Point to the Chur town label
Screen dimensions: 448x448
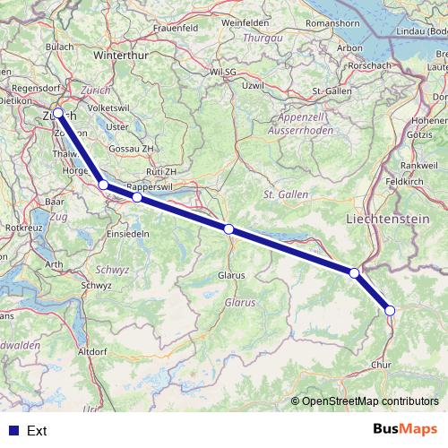[x=381, y=366]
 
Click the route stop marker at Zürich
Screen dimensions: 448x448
[x=58, y=113]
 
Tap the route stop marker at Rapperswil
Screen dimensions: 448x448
[x=137, y=197]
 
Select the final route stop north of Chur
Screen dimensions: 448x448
[x=390, y=311]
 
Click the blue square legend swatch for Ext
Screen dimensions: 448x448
[x=12, y=431]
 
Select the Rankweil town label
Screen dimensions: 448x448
[x=419, y=165]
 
